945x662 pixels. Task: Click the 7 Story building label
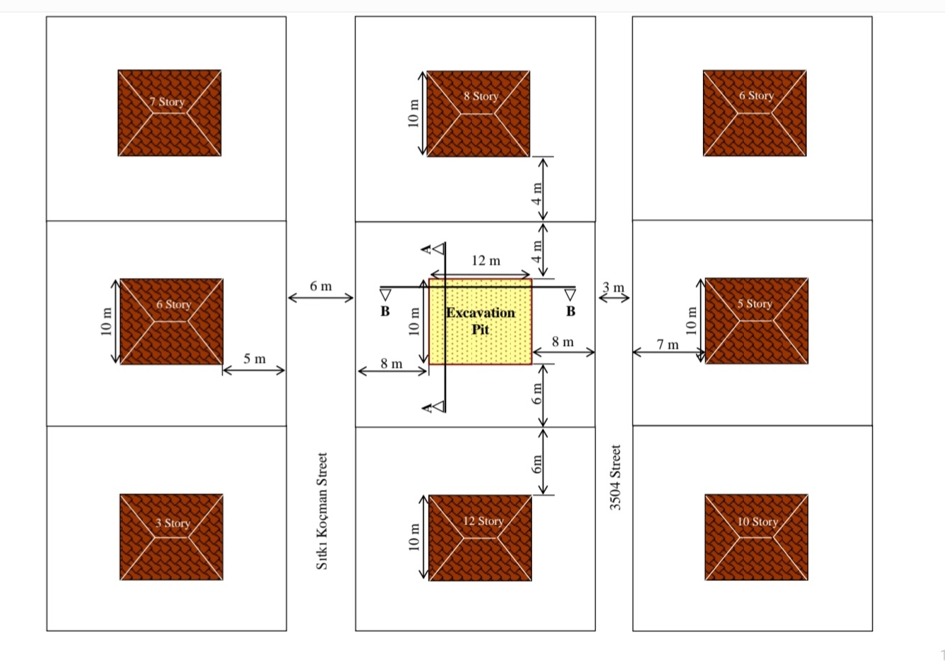tap(167, 102)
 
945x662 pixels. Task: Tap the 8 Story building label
tap(481, 96)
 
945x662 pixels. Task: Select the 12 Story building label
tap(483, 521)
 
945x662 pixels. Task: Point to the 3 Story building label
tap(173, 523)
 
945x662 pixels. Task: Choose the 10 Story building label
tap(758, 522)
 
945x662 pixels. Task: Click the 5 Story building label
tap(754, 303)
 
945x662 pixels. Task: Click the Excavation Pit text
tap(481, 320)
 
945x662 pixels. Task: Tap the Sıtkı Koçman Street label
tap(322, 511)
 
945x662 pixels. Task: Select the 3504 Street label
tap(615, 477)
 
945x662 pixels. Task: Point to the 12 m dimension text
tap(486, 260)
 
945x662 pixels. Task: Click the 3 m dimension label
tap(613, 287)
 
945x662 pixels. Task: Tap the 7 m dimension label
tap(668, 344)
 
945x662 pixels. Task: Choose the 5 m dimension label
tap(254, 359)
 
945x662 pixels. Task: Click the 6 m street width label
tap(320, 286)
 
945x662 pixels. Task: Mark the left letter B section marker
tap(385, 311)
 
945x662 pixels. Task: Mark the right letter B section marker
tap(570, 311)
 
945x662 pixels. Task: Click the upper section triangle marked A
tap(439, 249)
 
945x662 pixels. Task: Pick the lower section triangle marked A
tap(439, 407)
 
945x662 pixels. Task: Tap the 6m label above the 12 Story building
tap(536, 464)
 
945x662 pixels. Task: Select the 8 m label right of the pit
tap(562, 342)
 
